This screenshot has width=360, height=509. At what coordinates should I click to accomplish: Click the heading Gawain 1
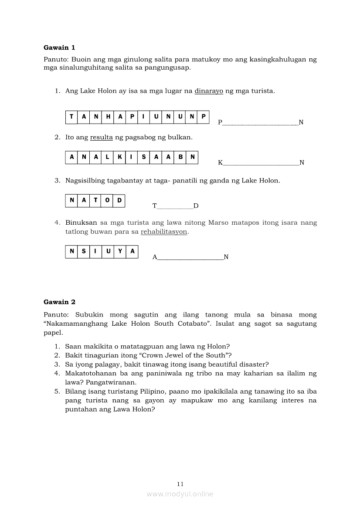(x=59, y=47)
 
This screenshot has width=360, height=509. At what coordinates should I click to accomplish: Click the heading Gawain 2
(x=59, y=302)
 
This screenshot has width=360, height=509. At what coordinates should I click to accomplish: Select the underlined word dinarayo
(x=209, y=91)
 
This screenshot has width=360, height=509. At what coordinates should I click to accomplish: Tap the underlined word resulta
(x=101, y=137)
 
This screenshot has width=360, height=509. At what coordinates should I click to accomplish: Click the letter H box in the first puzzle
(x=108, y=117)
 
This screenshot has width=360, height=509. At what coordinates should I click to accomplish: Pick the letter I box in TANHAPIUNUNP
(x=143, y=117)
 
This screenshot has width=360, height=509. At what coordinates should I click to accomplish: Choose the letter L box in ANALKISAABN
(x=107, y=158)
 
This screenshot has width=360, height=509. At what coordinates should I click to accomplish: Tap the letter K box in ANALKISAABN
(x=119, y=158)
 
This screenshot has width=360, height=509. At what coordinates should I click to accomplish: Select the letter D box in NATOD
(x=119, y=200)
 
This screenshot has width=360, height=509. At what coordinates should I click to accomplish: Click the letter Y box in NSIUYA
(x=120, y=251)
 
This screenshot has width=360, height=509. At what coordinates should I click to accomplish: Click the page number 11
(x=180, y=484)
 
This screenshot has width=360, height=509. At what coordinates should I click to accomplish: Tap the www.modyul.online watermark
(x=180, y=494)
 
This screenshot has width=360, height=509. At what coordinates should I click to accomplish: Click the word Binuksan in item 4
(x=81, y=222)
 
